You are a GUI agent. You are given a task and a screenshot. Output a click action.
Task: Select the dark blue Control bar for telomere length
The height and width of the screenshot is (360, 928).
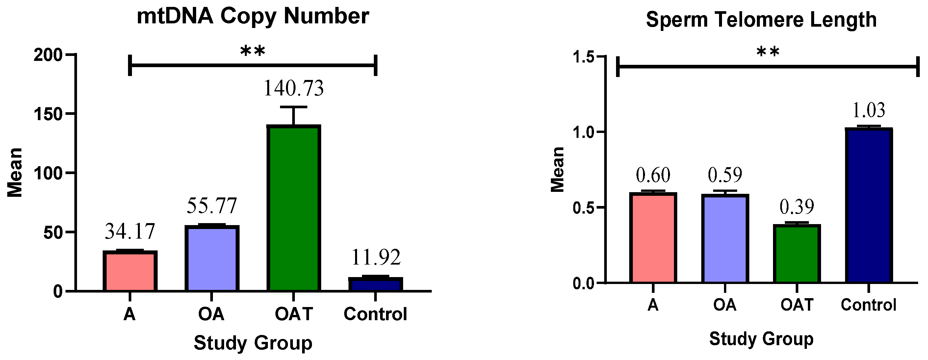[x=868, y=205]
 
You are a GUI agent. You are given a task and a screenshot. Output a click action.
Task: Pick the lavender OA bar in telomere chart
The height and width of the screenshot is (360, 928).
[x=725, y=238]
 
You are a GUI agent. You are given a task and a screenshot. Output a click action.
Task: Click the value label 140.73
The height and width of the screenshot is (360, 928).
[x=294, y=89]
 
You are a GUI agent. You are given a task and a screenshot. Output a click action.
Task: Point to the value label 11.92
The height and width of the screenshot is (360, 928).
[x=375, y=257]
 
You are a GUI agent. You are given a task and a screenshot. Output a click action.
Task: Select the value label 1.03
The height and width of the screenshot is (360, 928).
[x=868, y=110]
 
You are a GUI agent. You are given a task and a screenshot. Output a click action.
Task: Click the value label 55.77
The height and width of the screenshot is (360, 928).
[x=212, y=206]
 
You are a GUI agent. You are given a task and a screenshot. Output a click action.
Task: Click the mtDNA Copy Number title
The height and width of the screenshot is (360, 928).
[x=253, y=16]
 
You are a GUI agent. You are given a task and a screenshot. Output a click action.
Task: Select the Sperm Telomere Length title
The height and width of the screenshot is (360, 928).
[x=761, y=19]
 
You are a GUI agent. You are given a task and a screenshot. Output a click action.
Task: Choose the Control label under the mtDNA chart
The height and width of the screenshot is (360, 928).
[x=375, y=314]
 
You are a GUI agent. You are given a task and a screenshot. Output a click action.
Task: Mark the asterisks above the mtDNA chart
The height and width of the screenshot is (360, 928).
[x=252, y=52]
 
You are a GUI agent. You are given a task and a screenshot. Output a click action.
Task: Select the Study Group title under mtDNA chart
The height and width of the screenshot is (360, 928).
[x=253, y=343]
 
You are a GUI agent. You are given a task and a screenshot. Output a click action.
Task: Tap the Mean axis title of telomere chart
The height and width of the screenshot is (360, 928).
[x=558, y=169]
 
